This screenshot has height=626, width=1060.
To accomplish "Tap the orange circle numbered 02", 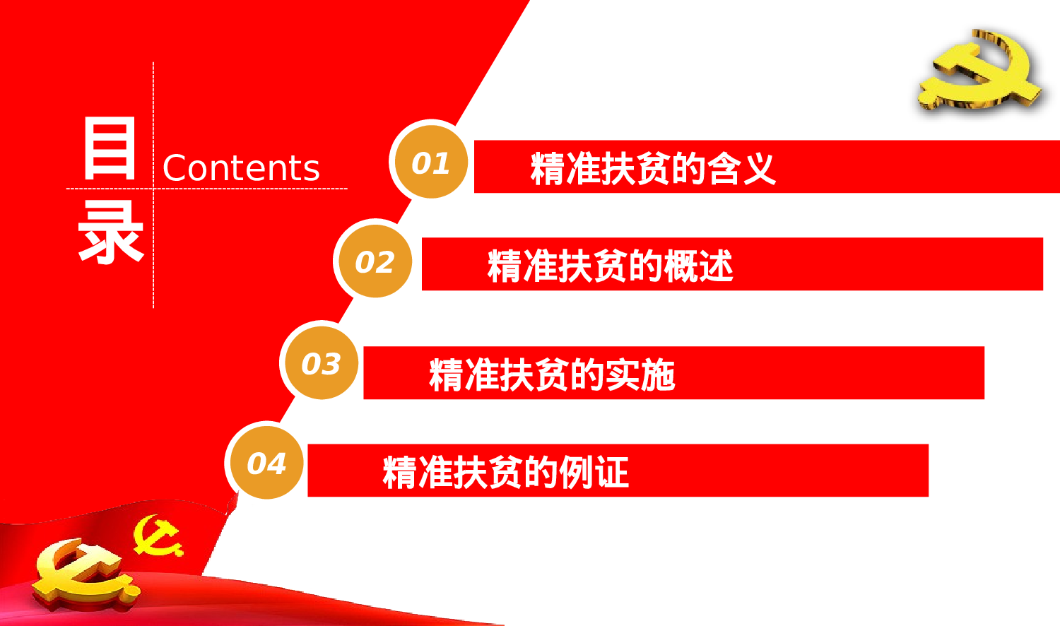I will [374, 261].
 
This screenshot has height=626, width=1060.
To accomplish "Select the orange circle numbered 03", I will [320, 363].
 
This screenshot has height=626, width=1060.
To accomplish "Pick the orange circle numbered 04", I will [266, 463].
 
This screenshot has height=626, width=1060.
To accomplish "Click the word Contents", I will [241, 168].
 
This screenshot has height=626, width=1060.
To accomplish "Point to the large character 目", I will [110, 149].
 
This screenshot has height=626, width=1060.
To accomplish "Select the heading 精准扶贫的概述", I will [610, 266].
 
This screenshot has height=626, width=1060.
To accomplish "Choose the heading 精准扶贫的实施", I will [551, 374].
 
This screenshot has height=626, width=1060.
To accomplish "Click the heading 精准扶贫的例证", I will [505, 472].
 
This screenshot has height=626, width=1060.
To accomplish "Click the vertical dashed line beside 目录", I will [153, 268].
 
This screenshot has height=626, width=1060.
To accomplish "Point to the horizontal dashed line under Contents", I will [283, 189].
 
